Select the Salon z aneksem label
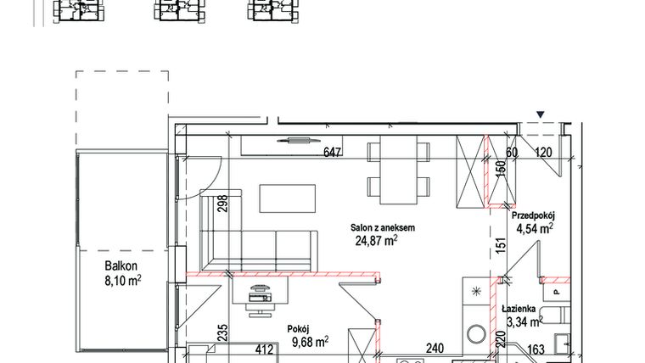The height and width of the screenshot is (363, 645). (x=383, y=227)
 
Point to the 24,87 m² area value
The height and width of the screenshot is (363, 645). (x=376, y=240)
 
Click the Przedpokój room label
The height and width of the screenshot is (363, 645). (x=532, y=215)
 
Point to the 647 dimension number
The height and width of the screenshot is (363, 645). (x=332, y=154)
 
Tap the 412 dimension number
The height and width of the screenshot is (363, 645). (x=266, y=349)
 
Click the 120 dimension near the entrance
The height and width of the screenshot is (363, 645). (x=542, y=154)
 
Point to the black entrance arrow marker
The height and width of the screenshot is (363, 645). (x=540, y=115)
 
